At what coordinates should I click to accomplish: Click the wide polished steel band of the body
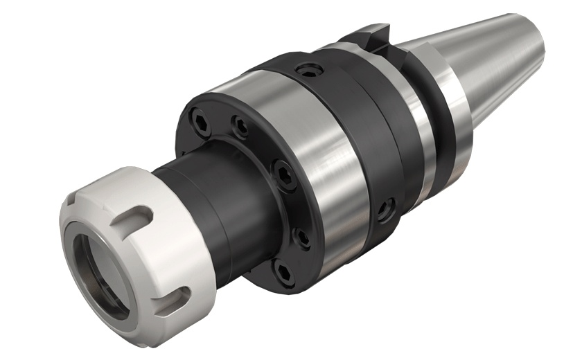[326, 159]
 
